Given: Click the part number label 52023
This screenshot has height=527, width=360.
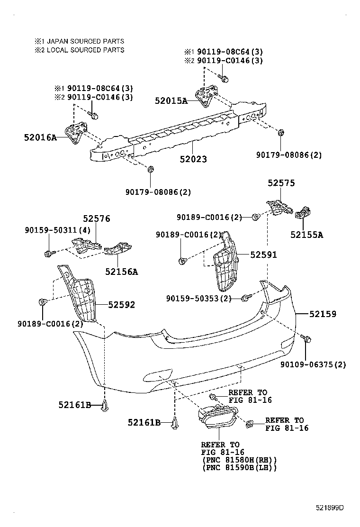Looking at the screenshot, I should point(193,160).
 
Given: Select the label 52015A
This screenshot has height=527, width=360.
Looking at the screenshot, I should point(171,100).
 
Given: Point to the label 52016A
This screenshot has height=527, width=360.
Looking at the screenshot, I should point(40,138).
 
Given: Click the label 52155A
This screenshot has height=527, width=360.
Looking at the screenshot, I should point(306,234).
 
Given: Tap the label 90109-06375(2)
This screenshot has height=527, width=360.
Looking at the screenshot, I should point(313,364).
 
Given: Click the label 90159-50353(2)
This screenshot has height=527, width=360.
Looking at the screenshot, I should point(199,298).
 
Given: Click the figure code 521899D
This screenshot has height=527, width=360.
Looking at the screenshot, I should point(330,508).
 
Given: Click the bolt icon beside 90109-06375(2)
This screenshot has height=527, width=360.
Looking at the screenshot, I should point(306,338).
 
